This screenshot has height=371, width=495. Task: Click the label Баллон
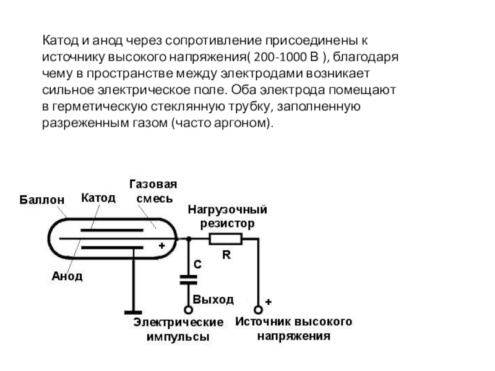tap(41, 200)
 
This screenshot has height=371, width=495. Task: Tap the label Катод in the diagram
tap(98, 198)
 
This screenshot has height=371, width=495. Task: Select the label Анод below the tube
tap(67, 276)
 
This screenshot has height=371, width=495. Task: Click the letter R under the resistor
tap(226, 254)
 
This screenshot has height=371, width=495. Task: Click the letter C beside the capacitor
tap(197, 264)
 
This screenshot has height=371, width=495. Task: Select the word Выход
tap(213, 300)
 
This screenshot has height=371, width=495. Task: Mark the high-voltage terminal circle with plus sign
tap(259, 309)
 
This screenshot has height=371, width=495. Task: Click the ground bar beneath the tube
tap(133, 312)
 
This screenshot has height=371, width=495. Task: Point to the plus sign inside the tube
tap(161, 245)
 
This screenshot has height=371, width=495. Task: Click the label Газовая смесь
tap(153, 191)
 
